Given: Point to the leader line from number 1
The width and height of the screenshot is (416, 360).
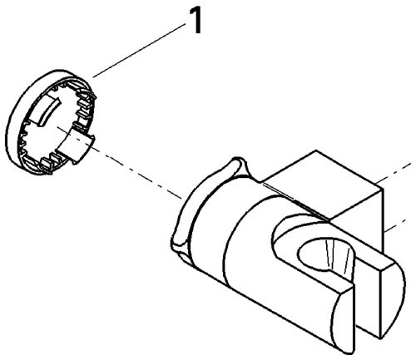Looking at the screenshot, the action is point(139,51).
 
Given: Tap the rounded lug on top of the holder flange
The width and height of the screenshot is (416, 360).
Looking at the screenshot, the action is point(239,167).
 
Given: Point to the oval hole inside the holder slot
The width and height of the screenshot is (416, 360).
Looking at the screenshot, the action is point(324,254).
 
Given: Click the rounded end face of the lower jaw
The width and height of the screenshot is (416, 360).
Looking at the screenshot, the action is point(343,318).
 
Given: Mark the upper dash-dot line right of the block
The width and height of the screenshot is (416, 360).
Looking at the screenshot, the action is point(397,173).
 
